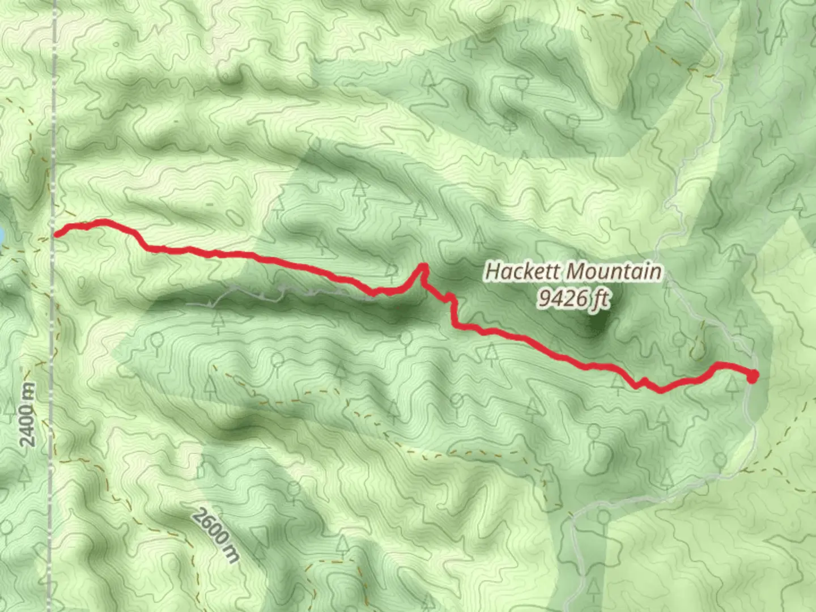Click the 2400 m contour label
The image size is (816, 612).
tap(27, 414)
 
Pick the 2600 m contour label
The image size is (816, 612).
tap(215, 535)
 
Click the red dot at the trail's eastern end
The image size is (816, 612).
tap(753, 376)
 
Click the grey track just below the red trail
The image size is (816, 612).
tap(283, 291)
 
